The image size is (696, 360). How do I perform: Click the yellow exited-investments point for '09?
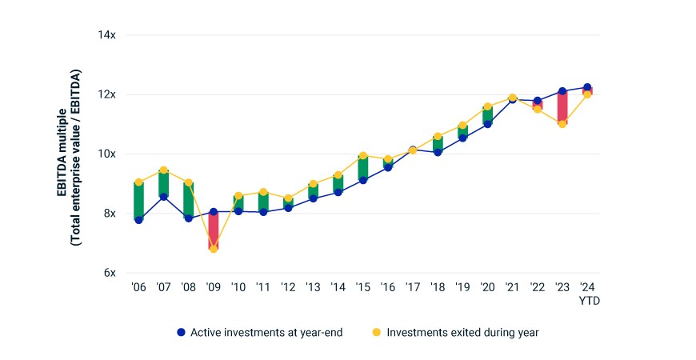point(214,249)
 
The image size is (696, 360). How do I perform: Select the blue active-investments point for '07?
point(163,197)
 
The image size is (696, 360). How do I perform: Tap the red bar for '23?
point(562,107)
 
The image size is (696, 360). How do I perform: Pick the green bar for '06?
point(138,201)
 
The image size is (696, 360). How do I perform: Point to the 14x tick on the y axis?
point(107,34)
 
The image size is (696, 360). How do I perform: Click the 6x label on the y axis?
point(110,273)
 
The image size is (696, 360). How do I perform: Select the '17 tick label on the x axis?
point(412,287)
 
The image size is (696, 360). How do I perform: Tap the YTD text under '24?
point(589,301)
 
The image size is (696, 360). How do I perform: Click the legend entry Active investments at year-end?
point(260,332)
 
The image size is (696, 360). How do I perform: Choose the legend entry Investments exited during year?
point(455,332)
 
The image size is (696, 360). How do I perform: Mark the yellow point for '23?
point(562,124)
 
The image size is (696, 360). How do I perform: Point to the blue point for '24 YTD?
point(587,87)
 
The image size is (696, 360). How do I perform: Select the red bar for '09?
point(214,230)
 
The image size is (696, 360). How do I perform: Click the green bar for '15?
point(363,168)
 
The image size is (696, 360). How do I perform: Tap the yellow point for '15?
point(363,156)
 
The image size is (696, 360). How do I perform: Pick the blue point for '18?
point(438,152)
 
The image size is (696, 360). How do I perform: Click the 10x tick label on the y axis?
point(107,154)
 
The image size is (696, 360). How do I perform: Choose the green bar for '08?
point(188,200)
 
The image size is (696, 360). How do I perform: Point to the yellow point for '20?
point(487,106)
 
